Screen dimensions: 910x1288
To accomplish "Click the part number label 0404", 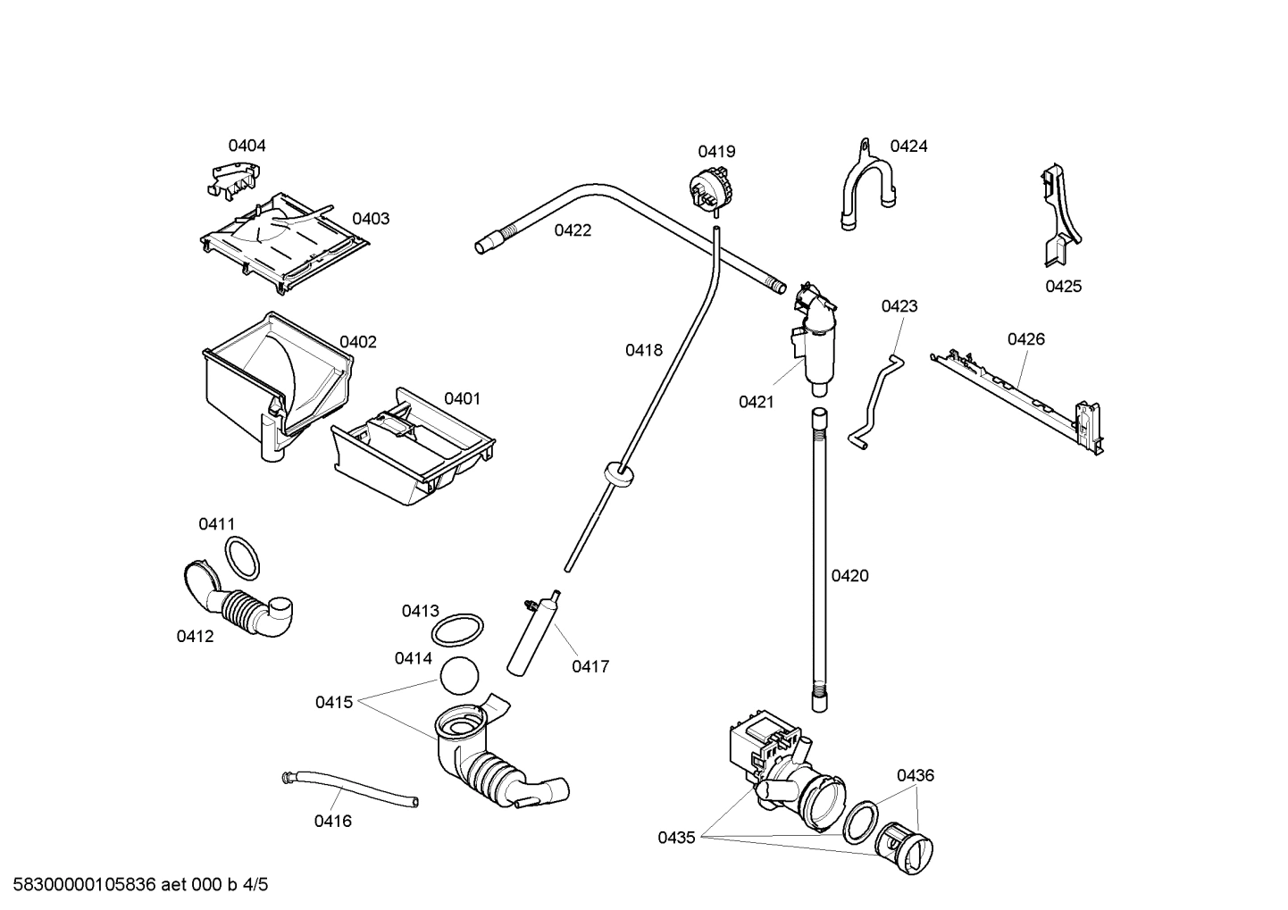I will point(247,146).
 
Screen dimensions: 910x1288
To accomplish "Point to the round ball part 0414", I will point(459,675).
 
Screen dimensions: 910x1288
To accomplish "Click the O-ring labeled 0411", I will point(241,558).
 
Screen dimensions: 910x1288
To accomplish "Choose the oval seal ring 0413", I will point(458,630).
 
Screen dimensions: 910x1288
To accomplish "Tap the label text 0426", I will point(1025,338).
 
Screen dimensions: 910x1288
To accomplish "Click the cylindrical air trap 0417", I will point(532,636).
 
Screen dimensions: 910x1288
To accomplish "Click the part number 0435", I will point(676,838).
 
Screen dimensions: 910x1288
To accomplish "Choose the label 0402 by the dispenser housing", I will point(357,341).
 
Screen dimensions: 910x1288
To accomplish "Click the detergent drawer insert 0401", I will point(413,447).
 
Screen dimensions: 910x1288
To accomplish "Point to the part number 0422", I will point(573,230).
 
